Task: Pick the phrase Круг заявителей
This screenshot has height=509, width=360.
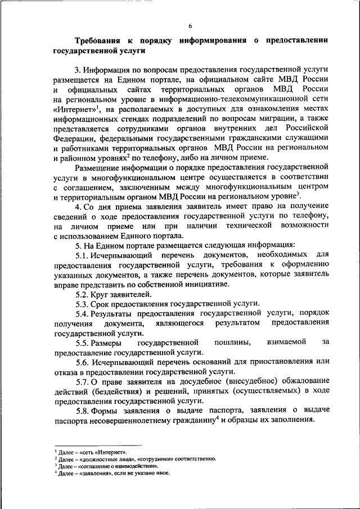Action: coord(124,294)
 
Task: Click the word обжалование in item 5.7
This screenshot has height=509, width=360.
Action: coord(299,382)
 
